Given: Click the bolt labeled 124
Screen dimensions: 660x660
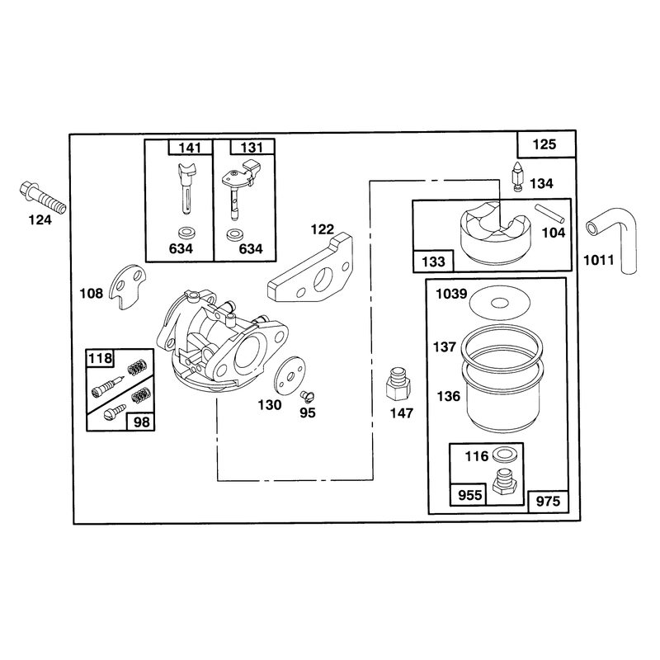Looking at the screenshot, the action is click(42, 197).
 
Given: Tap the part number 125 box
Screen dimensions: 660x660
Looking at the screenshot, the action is click(545, 144).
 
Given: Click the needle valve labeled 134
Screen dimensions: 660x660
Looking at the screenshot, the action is click(518, 176).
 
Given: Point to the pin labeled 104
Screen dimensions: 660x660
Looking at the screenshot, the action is click(549, 214).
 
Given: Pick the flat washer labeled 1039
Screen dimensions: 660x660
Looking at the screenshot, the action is click(500, 303).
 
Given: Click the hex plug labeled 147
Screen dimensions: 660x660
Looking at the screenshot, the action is click(398, 384).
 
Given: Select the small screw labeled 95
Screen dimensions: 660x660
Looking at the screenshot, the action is click(308, 396).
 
